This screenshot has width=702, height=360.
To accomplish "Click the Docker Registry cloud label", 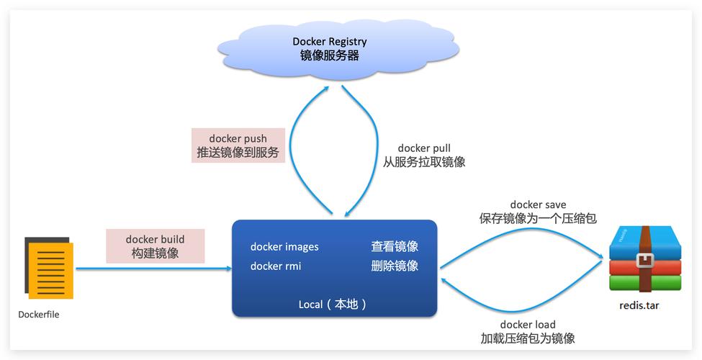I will [x=330, y=42].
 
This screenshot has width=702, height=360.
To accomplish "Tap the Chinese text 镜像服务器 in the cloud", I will [x=330, y=55].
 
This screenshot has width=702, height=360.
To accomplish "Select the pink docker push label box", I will [x=238, y=145].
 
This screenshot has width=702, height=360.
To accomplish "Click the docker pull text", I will [x=424, y=148].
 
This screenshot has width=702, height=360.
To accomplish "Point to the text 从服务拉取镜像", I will [x=424, y=162].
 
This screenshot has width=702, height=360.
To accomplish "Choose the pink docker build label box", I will [x=155, y=246].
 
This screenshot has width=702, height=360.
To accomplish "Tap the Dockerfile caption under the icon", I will [x=39, y=315].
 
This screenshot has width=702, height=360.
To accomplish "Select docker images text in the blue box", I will [x=284, y=247].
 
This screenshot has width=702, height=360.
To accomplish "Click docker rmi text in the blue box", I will [x=276, y=266].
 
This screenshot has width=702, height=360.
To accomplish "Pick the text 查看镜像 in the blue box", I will [x=395, y=247].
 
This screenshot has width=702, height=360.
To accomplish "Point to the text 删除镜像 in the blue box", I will [x=395, y=266].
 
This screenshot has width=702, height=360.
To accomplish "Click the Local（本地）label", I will [x=333, y=305].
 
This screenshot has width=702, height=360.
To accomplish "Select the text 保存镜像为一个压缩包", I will [x=538, y=218].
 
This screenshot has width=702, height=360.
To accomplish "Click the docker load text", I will [x=528, y=324].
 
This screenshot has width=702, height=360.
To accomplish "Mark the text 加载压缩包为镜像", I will [x=528, y=338].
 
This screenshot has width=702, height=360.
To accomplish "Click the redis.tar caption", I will [x=639, y=305].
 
